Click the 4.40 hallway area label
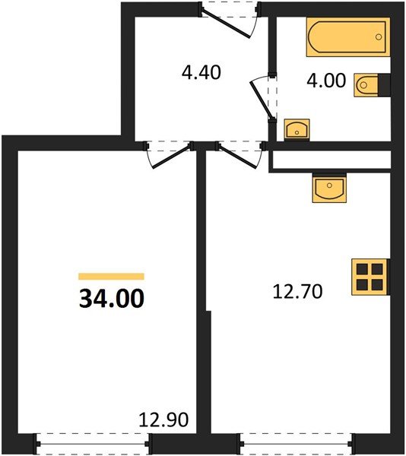pyautogui.click(x=201, y=72)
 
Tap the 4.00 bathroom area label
pyautogui.click(x=326, y=81)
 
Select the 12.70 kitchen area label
pyautogui.click(x=297, y=292)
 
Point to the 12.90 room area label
pyautogui.click(x=163, y=420)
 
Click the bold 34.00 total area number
pyautogui.click(x=112, y=299)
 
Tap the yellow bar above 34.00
pyautogui.click(x=112, y=277)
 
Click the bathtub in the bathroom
pyautogui.click(x=348, y=37)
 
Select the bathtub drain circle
pyautogui.click(x=379, y=37)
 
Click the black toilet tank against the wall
pyautogui.click(x=384, y=85)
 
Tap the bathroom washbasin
pyautogui.click(x=297, y=130)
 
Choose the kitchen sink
pyautogui.click(x=329, y=188)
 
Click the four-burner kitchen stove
pyautogui.click(x=370, y=277)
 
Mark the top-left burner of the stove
pyautogui.click(x=363, y=269)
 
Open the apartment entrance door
pyautogui.click(x=227, y=24)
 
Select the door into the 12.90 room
pyautogui.click(x=171, y=157)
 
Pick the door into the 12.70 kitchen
pyautogui.click(x=239, y=157)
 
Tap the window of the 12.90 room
pyautogui.click(x=93, y=444)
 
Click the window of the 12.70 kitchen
pyautogui.click(x=297, y=444)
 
